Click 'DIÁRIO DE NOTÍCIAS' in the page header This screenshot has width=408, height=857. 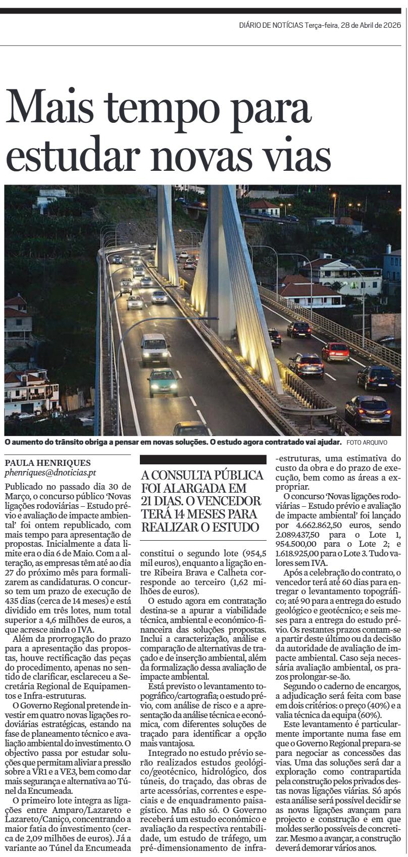271,25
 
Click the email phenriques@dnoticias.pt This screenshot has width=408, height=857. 50,473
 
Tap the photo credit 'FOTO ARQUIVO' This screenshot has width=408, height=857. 367,442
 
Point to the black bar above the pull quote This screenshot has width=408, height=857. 203,459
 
